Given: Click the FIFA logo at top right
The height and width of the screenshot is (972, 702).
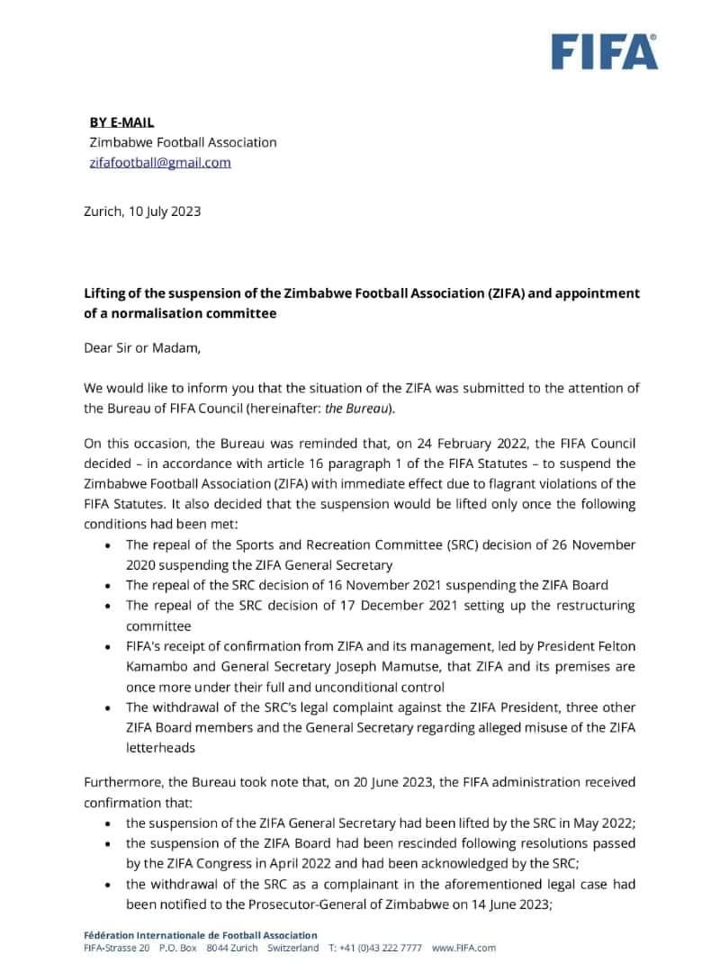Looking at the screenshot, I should pyautogui.click(x=604, y=51).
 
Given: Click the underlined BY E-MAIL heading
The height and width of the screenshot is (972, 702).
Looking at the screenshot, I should pyautogui.click(x=121, y=121).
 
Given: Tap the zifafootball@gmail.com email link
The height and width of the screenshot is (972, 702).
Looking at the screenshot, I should pyautogui.click(x=160, y=163).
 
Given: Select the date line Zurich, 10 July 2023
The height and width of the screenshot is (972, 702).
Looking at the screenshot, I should pyautogui.click(x=142, y=212).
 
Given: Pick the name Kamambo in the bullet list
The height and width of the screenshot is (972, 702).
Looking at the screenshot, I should pyautogui.click(x=154, y=667).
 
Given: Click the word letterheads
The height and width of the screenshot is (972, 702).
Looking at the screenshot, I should pyautogui.click(x=159, y=747).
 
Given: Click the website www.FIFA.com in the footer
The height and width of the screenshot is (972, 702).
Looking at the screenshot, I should pyautogui.click(x=463, y=948).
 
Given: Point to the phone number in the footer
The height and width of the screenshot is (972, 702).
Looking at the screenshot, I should pyautogui.click(x=388, y=948).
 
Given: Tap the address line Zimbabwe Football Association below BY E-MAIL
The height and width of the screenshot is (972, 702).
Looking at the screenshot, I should pyautogui.click(x=183, y=142).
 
